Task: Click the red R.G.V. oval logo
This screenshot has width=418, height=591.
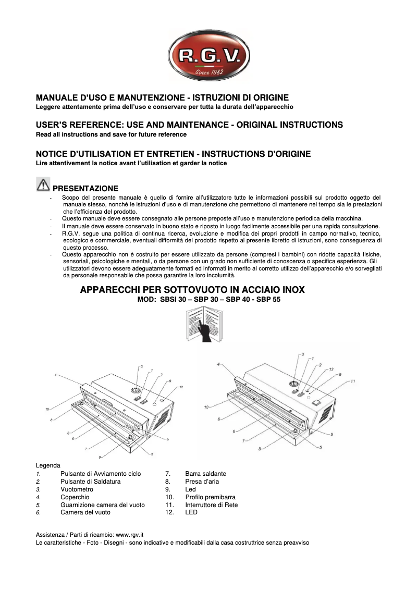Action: pyautogui.click(x=209, y=55)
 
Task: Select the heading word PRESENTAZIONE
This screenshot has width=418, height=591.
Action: pyautogui.click(x=85, y=189)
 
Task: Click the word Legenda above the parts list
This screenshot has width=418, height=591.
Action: pyautogui.click(x=48, y=465)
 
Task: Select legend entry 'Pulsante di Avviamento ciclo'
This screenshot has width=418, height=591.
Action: pyautogui.click(x=101, y=474)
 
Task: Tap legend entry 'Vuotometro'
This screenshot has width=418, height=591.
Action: pyautogui.click(x=77, y=489)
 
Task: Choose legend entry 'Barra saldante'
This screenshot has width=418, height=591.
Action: pyautogui.click(x=205, y=474)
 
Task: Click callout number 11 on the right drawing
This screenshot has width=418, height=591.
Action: pyautogui.click(x=352, y=381)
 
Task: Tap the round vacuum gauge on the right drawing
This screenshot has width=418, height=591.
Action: pyautogui.click(x=296, y=386)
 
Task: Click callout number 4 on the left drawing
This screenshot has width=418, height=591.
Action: pyautogui.click(x=55, y=374)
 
